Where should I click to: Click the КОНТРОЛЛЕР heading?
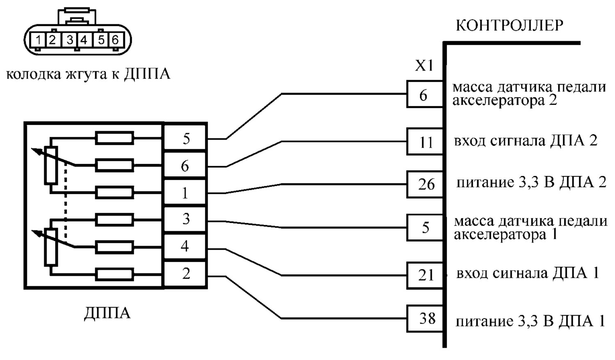coord(510,25)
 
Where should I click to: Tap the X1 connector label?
coord(424,66)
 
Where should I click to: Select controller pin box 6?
coord(425,94)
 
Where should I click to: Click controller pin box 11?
coord(425,141)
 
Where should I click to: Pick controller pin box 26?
coord(425,184)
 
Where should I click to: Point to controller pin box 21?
coord(425,276)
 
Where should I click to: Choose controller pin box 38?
coord(425,319)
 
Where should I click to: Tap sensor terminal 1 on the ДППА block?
coord(185,192)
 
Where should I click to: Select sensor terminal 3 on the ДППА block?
coord(185,219)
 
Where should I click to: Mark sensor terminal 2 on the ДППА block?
coord(185,274)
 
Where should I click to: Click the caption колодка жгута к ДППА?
coord(88,74)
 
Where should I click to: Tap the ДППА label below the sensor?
coord(107,313)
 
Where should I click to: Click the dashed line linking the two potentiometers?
coord(65,200)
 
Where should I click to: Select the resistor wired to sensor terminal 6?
coord(114,165)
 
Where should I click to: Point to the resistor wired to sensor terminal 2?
coord(114,274)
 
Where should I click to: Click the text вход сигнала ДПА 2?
coord(526,141)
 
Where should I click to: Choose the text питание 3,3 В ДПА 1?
coord(530,321)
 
